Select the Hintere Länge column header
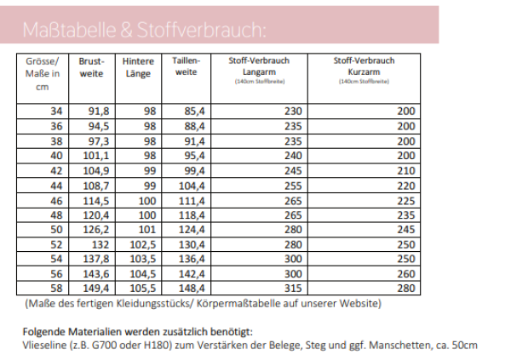click(x=138, y=67)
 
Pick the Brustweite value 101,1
click(x=96, y=156)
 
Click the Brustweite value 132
click(x=100, y=245)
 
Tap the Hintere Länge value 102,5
click(x=142, y=245)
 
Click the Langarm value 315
click(x=293, y=289)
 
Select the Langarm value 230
click(x=293, y=111)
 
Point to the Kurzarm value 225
click(x=405, y=201)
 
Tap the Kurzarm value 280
click(x=405, y=289)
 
